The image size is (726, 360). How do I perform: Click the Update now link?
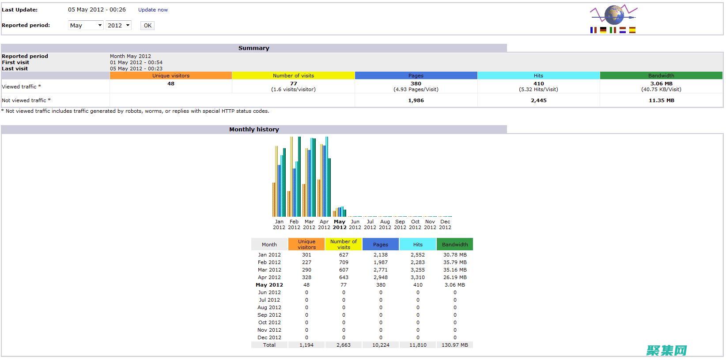pyautogui.click(x=153, y=10)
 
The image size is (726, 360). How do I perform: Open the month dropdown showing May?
pyautogui.click(x=86, y=25)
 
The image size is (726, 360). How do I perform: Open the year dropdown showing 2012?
pyautogui.click(x=118, y=25)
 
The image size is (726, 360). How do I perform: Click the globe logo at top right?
pyautogui.click(x=613, y=15)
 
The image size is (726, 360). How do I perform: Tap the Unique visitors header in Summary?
pyautogui.click(x=171, y=76)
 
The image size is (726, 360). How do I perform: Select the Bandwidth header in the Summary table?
pyautogui.click(x=661, y=76)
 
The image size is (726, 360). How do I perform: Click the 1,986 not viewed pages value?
pyautogui.click(x=416, y=101)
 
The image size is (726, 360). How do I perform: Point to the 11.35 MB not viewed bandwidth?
pyautogui.click(x=662, y=101)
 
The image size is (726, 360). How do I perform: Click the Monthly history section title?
pyautogui.click(x=254, y=129)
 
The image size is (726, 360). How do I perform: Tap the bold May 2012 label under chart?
pyautogui.click(x=340, y=224)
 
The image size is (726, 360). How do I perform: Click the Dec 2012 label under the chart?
pyautogui.click(x=445, y=224)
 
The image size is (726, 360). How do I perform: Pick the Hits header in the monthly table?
pyautogui.click(x=418, y=245)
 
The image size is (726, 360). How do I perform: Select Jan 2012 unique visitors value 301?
pyautogui.click(x=306, y=255)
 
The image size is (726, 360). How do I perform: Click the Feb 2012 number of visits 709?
pyautogui.click(x=344, y=262)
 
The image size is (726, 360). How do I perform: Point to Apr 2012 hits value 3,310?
pyautogui.click(x=418, y=277)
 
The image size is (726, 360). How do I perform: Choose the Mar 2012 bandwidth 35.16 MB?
pyautogui.click(x=455, y=270)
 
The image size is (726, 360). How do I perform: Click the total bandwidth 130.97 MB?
pyautogui.click(x=455, y=345)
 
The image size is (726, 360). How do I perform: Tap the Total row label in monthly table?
pyautogui.click(x=269, y=345)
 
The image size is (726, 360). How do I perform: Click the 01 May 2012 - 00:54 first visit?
pyautogui.click(x=136, y=62)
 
